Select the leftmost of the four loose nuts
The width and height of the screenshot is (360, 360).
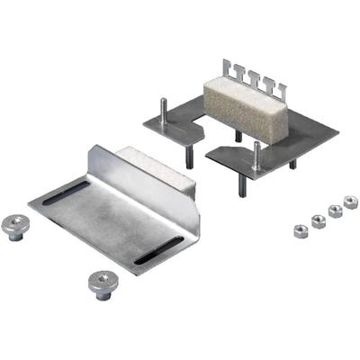coord(299,228)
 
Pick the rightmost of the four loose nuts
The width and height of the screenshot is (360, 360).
coord(349,202)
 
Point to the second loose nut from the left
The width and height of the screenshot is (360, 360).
coord(317,220)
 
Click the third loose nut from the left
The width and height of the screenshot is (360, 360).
coord(334,211)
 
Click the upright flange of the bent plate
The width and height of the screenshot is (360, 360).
coord(135,175)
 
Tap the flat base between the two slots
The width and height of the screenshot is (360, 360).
coord(112,220)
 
